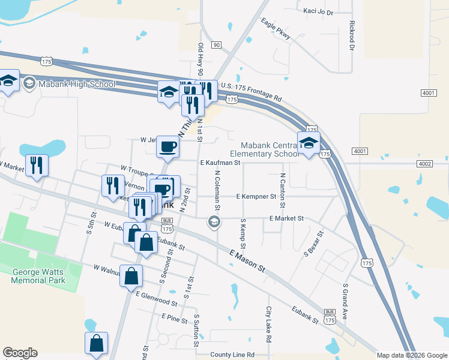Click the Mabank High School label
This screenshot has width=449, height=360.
[76, 84]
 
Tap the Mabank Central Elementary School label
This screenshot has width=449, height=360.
[269, 149]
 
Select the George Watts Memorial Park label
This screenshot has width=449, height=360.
[39, 275]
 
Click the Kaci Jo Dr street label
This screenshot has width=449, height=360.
[318, 11]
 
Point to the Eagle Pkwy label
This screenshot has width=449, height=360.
[276, 29]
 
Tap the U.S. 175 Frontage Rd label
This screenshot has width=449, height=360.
[251, 92]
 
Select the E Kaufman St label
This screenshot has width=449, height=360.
[220, 163]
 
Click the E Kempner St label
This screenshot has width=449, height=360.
[256, 196]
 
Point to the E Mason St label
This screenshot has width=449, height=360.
[247, 262]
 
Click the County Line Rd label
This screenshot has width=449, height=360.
[232, 355]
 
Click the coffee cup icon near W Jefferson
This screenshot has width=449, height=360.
[168, 146]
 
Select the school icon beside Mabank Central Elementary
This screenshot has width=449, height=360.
[309, 143]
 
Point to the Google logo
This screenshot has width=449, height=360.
[20, 353]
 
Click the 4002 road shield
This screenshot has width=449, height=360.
[424, 163]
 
